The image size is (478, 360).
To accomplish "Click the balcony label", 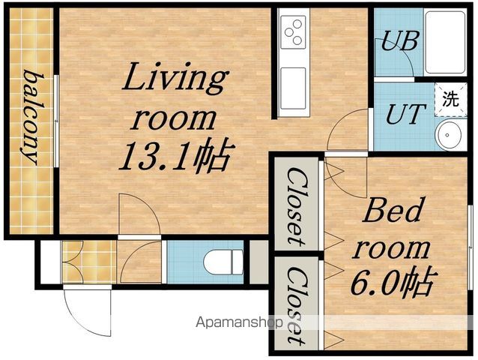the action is coord(33,117).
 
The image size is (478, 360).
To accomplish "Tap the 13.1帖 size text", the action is coord(176,157).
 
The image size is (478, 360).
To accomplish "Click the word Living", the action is coord(175,78).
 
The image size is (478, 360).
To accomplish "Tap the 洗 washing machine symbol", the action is coord(450,99).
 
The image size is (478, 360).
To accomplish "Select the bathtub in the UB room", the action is coord(445,42).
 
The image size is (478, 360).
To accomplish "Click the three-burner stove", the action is coord(293,32).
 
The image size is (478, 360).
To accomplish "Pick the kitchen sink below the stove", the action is coord(293,88).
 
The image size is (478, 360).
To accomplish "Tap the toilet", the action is coord(223,262).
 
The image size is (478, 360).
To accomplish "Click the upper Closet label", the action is coord(297,207).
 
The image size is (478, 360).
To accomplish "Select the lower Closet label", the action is coord(297,306).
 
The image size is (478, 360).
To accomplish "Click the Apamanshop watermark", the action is coord(240,322).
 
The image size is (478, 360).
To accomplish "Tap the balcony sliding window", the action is coord(56,121).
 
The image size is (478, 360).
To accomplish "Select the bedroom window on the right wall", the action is coord(470,247).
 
